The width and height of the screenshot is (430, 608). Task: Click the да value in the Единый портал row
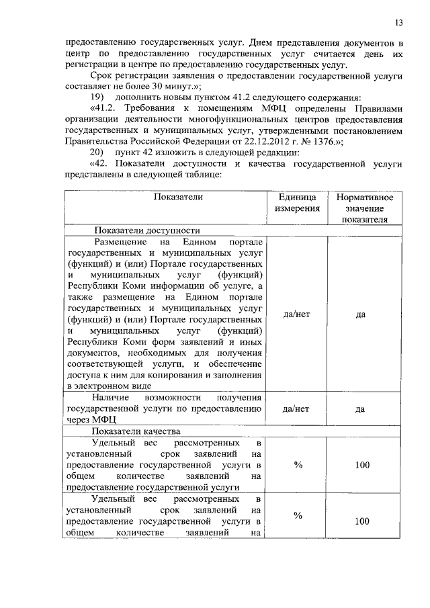point(360,314)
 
